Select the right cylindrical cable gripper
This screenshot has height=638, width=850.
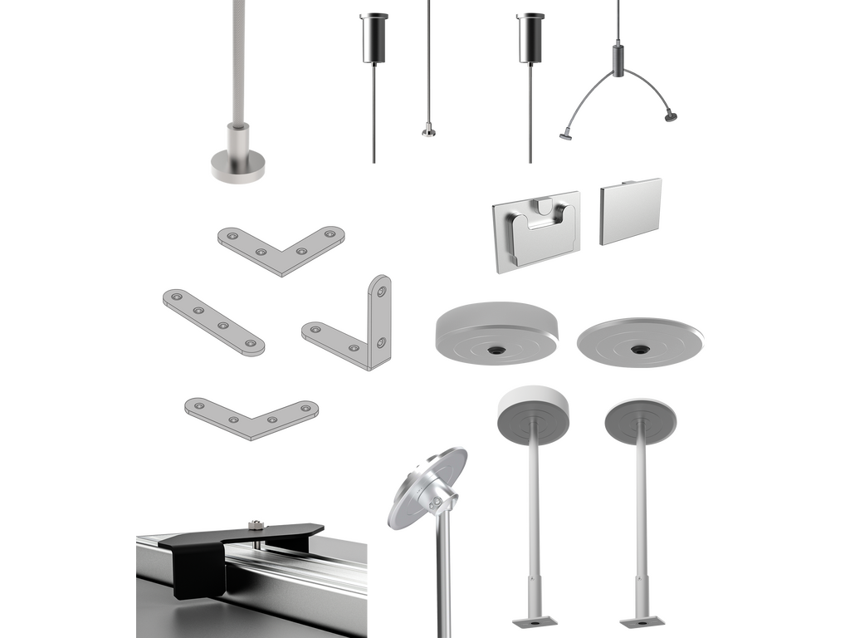click(x=530, y=37)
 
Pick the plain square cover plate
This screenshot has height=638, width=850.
click(x=629, y=211)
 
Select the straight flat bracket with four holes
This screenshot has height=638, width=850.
click(x=213, y=322)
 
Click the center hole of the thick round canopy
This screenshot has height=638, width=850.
click(x=496, y=351)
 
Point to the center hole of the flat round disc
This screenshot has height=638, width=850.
click(x=639, y=349)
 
